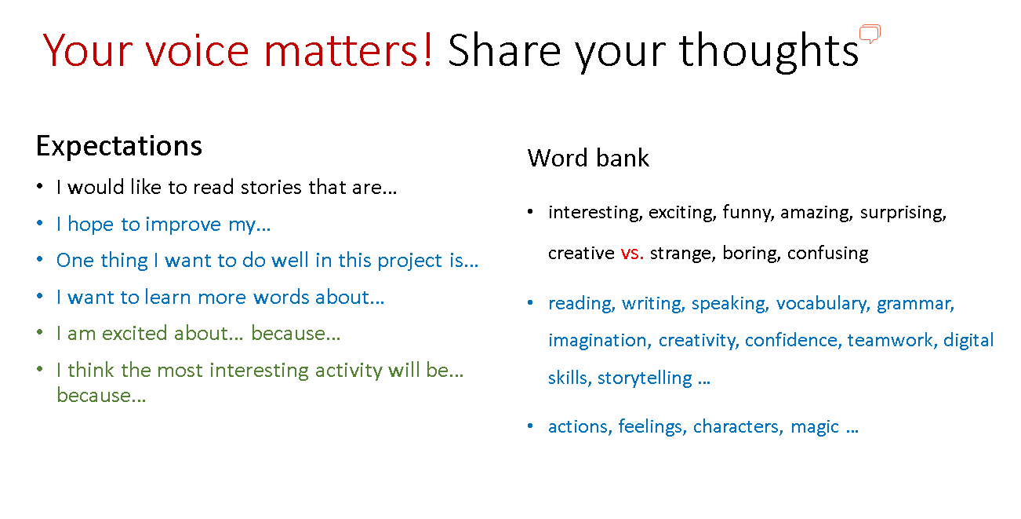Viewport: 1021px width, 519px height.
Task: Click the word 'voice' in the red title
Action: tap(198, 51)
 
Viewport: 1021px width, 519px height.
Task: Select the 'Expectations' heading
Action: tap(119, 147)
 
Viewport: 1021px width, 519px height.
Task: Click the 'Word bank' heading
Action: tap(588, 158)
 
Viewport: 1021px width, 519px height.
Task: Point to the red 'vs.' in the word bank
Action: tap(632, 253)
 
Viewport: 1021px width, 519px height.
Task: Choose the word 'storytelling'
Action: tap(645, 378)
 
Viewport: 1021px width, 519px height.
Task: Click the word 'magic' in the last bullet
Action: tap(815, 427)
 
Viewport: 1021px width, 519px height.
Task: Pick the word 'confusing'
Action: tap(828, 254)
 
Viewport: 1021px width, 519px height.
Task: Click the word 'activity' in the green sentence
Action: tap(349, 370)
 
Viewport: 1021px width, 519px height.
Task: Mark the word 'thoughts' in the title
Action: tap(768, 51)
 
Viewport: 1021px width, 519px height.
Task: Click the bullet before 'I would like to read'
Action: tap(40, 186)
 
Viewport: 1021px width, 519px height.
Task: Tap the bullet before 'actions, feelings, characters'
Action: tap(530, 426)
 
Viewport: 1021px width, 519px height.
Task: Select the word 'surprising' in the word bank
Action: tap(903, 213)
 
